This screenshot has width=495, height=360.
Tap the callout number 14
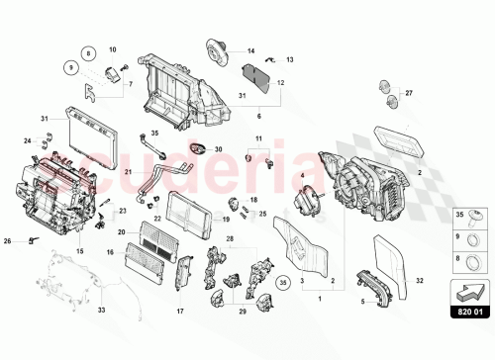click(x=250, y=50)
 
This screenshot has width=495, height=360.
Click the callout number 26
click(x=8, y=240)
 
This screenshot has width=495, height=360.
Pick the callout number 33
click(x=100, y=309)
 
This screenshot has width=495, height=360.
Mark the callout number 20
click(x=121, y=233)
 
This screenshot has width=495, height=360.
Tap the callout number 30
click(x=220, y=149)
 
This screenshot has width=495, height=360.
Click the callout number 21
click(x=129, y=174)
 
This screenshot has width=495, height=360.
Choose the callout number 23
click(x=123, y=211)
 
